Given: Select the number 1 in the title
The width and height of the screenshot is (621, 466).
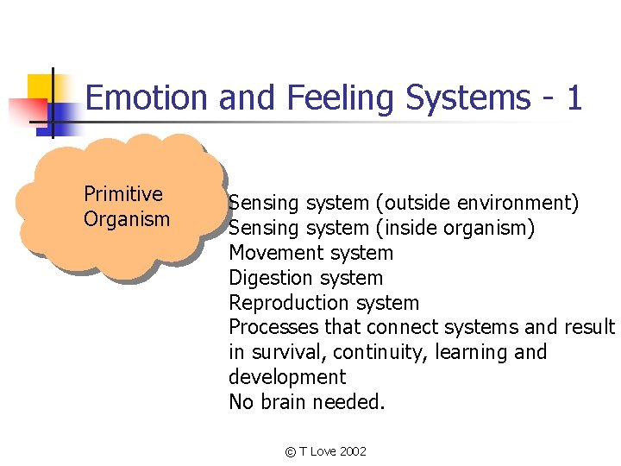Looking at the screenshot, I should pos(574,98).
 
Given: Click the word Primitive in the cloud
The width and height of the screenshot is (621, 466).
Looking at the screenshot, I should pos(123,194).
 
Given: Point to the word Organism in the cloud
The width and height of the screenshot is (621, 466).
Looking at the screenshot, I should pos(127,219).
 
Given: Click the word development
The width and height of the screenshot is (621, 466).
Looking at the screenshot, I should pos(287,377).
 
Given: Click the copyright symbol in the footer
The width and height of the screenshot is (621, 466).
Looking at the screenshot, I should pos(291,452).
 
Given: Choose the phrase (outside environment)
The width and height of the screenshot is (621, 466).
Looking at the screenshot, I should pos(477,204).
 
